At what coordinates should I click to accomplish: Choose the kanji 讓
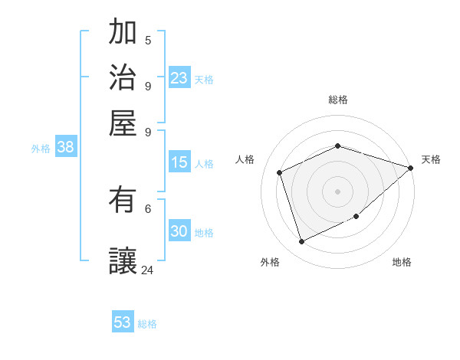coord(123,260)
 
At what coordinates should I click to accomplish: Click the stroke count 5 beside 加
coord(148,41)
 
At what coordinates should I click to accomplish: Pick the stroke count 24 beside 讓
coord(148,270)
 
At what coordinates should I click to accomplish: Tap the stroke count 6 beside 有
coord(148,208)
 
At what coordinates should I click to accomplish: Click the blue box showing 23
coord(179,78)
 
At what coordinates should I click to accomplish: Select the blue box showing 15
coord(179,162)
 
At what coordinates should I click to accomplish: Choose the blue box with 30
coord(179,231)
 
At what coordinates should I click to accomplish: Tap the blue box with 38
coord(65,148)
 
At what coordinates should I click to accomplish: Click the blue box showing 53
coord(123,322)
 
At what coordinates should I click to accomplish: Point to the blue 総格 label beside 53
coord(147,324)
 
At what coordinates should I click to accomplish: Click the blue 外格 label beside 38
coord(41,149)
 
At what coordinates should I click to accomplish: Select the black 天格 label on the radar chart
coord(431,159)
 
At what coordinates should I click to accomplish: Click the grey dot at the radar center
coord(337,191)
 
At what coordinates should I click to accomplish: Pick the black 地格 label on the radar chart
coord(402,263)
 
